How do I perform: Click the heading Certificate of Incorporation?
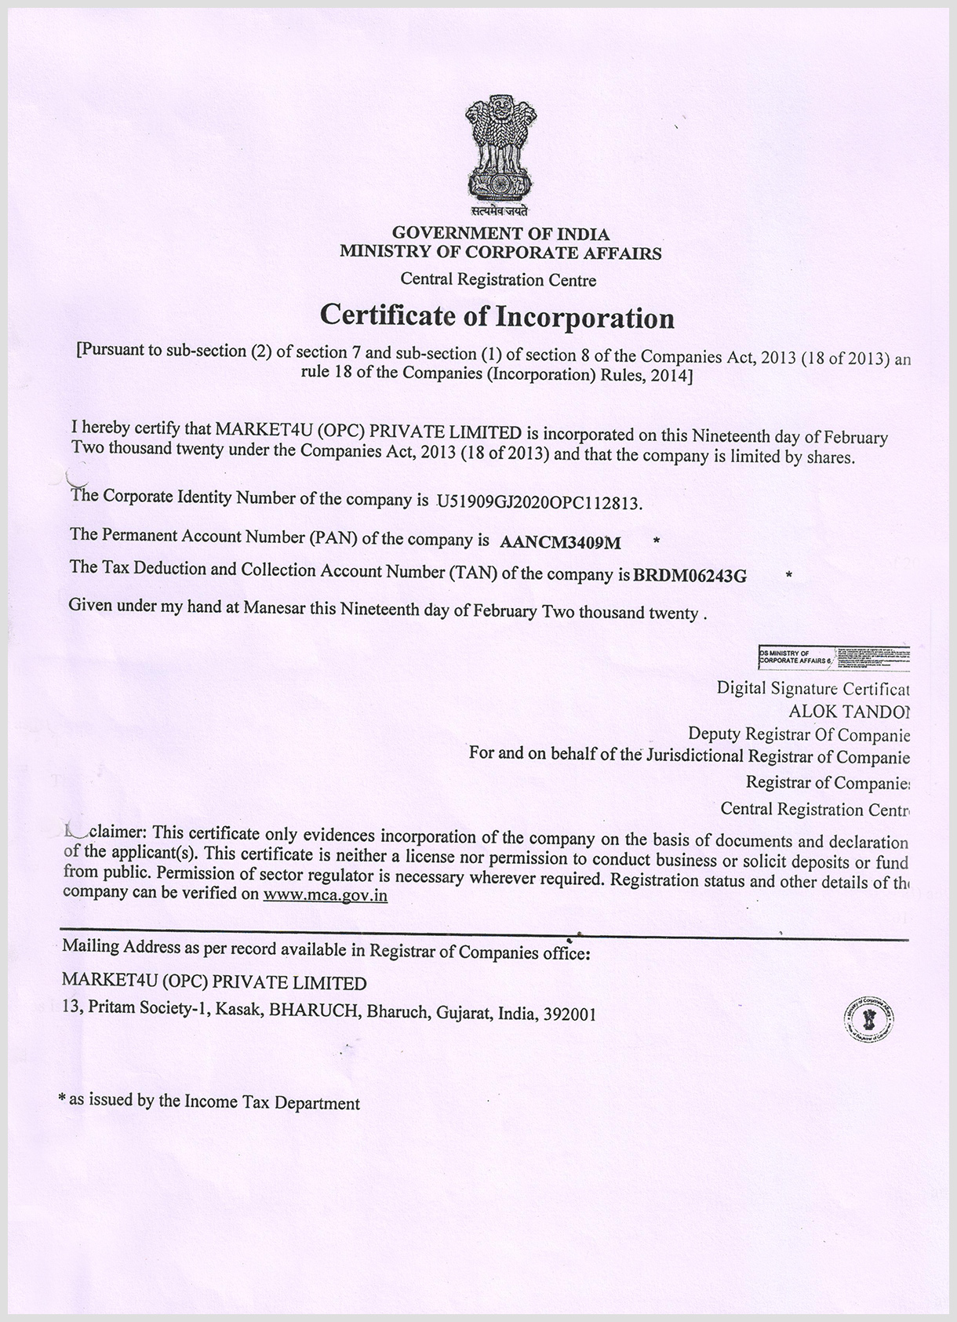(x=497, y=317)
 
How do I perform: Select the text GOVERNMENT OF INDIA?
(x=500, y=234)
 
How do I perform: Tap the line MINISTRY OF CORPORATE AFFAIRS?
(x=500, y=253)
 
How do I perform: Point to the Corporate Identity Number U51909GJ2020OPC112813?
(x=539, y=502)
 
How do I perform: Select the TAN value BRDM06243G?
(x=690, y=576)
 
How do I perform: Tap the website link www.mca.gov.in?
(x=326, y=895)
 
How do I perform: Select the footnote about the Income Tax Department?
(x=209, y=1102)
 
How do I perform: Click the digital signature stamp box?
(x=833, y=657)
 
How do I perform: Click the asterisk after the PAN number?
(x=657, y=541)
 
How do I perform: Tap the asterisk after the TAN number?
(x=788, y=576)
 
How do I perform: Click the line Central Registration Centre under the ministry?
(x=498, y=279)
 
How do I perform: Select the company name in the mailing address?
(x=214, y=983)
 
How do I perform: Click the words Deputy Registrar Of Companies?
(x=799, y=734)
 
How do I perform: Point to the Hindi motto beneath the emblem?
(x=500, y=210)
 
